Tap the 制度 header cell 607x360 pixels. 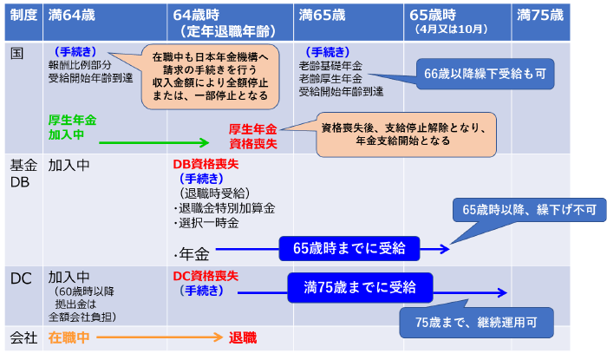23,16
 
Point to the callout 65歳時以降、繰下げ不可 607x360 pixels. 511,210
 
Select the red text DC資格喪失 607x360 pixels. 206,277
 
